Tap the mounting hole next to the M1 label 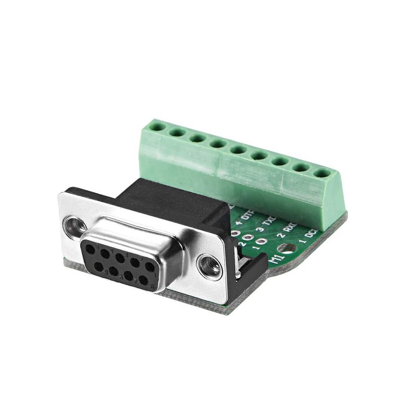click(x=288, y=248)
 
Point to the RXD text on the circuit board click(x=289, y=229)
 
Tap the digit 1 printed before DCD click(x=303, y=242)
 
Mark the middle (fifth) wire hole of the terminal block click(x=238, y=150)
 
